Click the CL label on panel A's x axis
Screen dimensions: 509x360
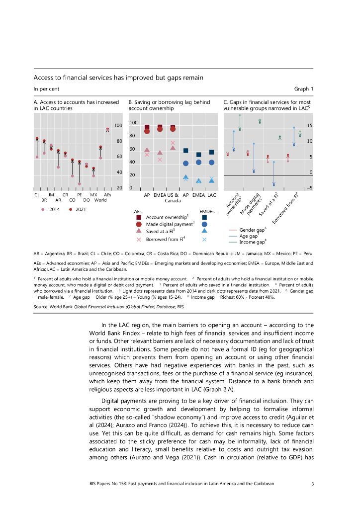pos(37,195)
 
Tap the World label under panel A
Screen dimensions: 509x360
pos(100,200)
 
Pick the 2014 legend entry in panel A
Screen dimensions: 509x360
pos(51,209)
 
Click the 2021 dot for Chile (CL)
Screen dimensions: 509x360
pos(37,139)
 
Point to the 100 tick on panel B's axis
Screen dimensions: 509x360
pos(133,123)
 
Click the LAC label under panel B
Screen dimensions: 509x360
pos(211,195)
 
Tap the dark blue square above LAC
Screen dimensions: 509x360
pos(211,152)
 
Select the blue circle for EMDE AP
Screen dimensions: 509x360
pos(185,163)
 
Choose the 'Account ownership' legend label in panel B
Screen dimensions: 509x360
pos(167,217)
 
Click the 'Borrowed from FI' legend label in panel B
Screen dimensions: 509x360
pos(165,239)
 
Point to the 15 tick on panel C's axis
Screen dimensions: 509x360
pos(309,126)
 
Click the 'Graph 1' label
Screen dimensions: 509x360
pos(303,89)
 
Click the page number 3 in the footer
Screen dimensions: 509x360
pos(312,483)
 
